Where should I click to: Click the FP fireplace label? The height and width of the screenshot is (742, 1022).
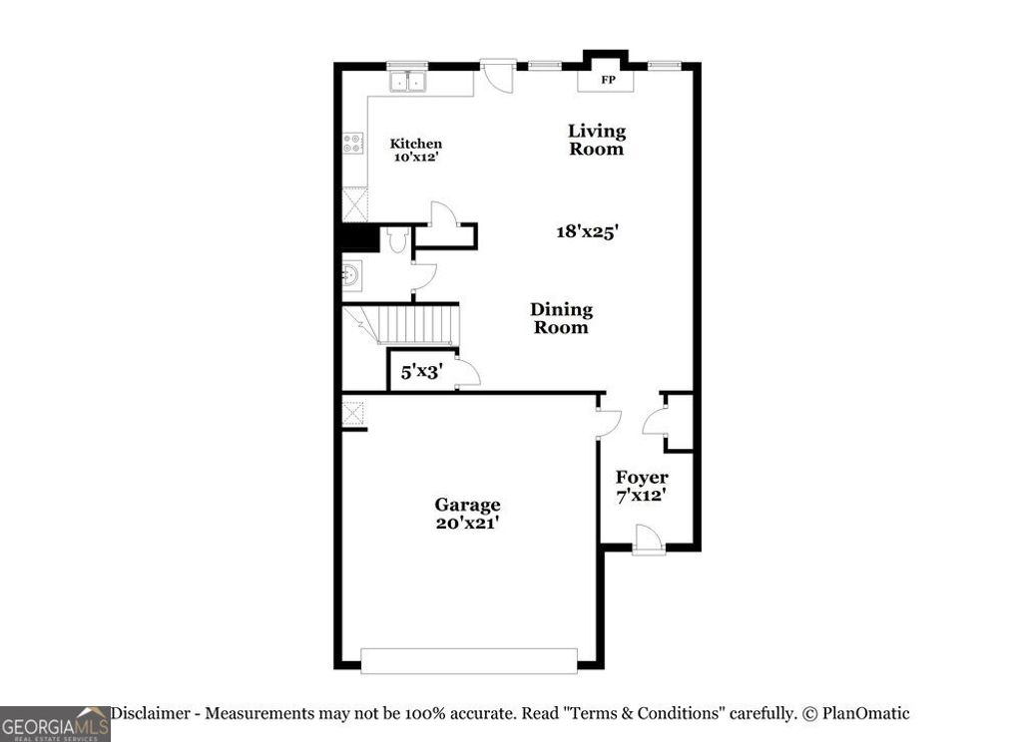pos(607,80)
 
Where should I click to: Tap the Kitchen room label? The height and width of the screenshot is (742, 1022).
pos(415,144)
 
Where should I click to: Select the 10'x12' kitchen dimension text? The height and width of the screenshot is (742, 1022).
pos(415,158)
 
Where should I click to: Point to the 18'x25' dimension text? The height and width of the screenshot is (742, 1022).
pos(588,231)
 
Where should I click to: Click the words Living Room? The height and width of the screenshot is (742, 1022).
pos(597,140)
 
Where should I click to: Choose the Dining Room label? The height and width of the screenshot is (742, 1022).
pos(561,318)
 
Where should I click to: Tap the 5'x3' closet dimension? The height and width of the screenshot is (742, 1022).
pos(421,373)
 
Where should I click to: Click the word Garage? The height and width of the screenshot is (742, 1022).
pos(467,505)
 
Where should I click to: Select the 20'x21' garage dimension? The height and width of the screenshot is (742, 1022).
pos(467,523)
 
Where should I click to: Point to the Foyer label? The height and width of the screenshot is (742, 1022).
pos(641,478)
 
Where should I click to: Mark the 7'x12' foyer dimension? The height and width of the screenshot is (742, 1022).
pos(641,495)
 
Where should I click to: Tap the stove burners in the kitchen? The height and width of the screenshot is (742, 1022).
pos(352,144)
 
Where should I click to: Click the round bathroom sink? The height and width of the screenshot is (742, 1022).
pos(351,273)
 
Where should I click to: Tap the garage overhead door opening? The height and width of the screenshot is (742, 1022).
pos(469,660)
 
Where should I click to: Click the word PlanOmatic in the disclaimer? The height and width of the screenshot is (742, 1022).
pos(865,713)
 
